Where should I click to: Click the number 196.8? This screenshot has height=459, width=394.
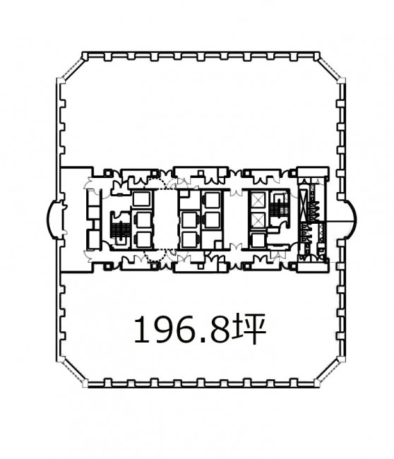pos(181,329)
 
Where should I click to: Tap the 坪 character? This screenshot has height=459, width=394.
pos(249,329)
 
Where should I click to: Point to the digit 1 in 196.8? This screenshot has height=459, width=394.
pos(141,329)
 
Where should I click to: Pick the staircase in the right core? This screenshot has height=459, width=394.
pos(275,207)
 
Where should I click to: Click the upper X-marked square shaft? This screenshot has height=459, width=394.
pos(258,201)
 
